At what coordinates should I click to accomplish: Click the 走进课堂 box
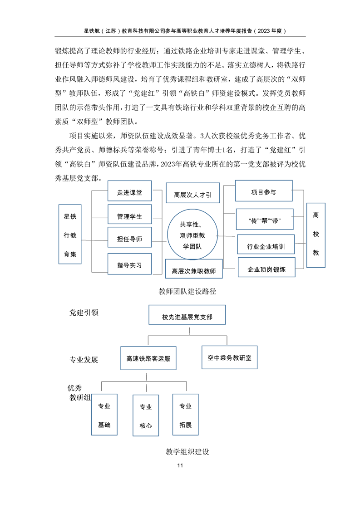pos(130,191)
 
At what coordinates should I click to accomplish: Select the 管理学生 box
pos(130,214)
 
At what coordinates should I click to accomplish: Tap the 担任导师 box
pos(130,237)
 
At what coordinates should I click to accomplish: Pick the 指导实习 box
pos(130,264)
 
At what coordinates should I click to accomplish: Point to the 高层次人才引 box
pos(193,193)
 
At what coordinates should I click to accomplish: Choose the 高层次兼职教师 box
pos(194,269)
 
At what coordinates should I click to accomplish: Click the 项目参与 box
pos(264,191)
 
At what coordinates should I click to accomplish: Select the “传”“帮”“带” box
pos(265,219)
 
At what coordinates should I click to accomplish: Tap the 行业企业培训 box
pos(266,244)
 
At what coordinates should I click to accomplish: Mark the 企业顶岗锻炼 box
pos(267,267)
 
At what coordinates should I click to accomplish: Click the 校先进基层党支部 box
pos(187,315)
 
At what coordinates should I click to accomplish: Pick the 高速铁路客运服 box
pos(148,358)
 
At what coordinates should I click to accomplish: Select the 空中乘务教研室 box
pos(230,357)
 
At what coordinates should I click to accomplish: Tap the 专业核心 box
pos(146,415)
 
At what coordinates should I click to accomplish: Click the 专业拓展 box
pos(186,415)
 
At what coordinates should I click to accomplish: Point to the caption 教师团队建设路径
pos(187,291)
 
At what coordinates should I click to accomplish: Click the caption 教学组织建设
pos(187,451)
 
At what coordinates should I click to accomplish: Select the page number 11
pos(180,465)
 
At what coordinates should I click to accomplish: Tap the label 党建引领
pos(84,312)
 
